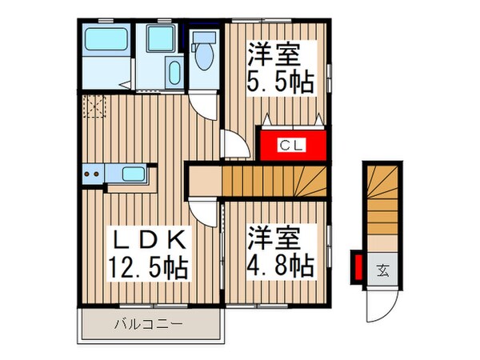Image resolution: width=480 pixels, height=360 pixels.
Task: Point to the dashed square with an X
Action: click(94, 106)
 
